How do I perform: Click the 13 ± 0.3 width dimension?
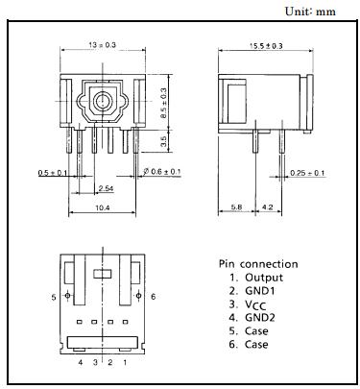point(102,45)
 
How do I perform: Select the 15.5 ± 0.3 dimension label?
point(266,46)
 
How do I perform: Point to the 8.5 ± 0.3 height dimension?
point(163,103)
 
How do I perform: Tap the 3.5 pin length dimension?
point(163,141)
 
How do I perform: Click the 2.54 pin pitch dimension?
point(106,188)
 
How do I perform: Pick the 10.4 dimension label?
point(103,207)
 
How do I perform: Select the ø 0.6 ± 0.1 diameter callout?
point(162,172)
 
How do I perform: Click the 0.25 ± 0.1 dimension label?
point(307,173)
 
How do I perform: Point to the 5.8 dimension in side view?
point(236,207)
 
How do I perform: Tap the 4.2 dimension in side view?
point(268,207)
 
